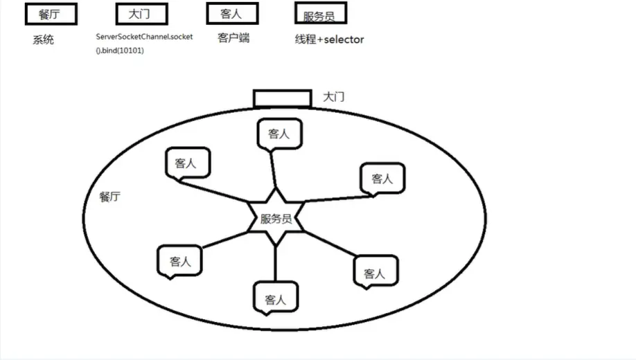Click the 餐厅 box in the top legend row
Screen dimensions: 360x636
pos(50,14)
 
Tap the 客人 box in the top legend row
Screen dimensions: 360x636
pos(232,14)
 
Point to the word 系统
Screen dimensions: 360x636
pos(43,40)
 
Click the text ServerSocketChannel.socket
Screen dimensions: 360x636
pos(144,36)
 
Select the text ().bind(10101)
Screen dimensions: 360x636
pos(120,51)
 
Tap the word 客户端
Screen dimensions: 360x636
pos(233,38)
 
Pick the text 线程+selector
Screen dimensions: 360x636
pos(329,39)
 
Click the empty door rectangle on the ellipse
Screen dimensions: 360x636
pos(282,98)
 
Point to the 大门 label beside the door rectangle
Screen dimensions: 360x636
pos(333,98)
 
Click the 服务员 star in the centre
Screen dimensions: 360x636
pos(276,219)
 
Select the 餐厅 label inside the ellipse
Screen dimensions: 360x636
pos(110,197)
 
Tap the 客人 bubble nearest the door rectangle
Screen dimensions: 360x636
pos(279,134)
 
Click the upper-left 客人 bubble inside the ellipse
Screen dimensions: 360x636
pos(186,163)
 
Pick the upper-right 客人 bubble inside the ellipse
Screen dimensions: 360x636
pos(382,179)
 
